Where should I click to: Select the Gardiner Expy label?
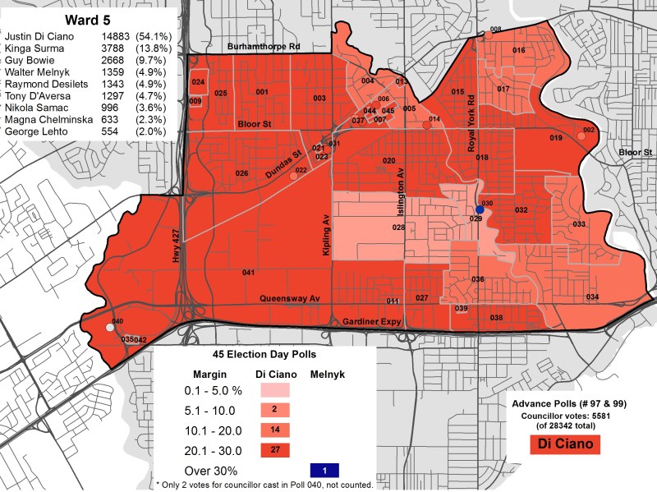click(368, 321)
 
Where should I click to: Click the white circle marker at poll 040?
click(111, 328)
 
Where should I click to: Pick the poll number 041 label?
click(248, 272)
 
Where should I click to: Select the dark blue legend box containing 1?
click(326, 471)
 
